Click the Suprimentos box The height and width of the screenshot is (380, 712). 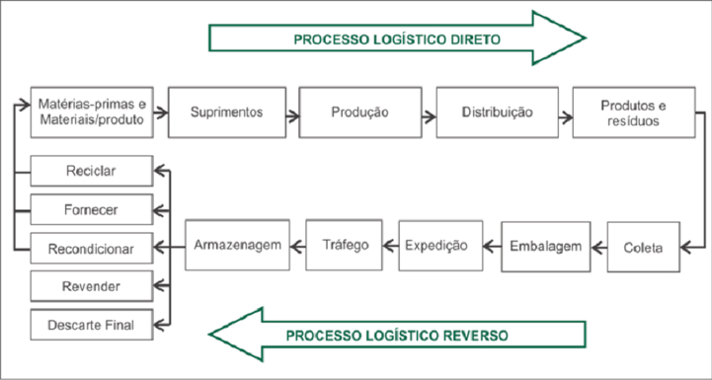click(227, 112)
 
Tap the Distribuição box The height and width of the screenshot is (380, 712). click(497, 112)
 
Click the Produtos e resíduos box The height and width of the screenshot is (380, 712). click(634, 112)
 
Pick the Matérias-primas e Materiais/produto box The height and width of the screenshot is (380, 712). click(91, 112)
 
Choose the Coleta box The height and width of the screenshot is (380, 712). click(642, 245)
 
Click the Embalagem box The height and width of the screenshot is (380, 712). click(544, 245)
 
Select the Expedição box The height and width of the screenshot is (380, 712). click(440, 245)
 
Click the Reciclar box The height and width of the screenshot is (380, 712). click(91, 171)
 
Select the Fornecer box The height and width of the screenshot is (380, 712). click(91, 208)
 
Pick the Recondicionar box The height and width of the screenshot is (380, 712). click(91, 247)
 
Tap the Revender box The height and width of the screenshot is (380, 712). click(91, 285)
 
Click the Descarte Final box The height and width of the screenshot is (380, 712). click(91, 324)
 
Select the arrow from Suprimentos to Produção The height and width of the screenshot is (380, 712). click(293, 113)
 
